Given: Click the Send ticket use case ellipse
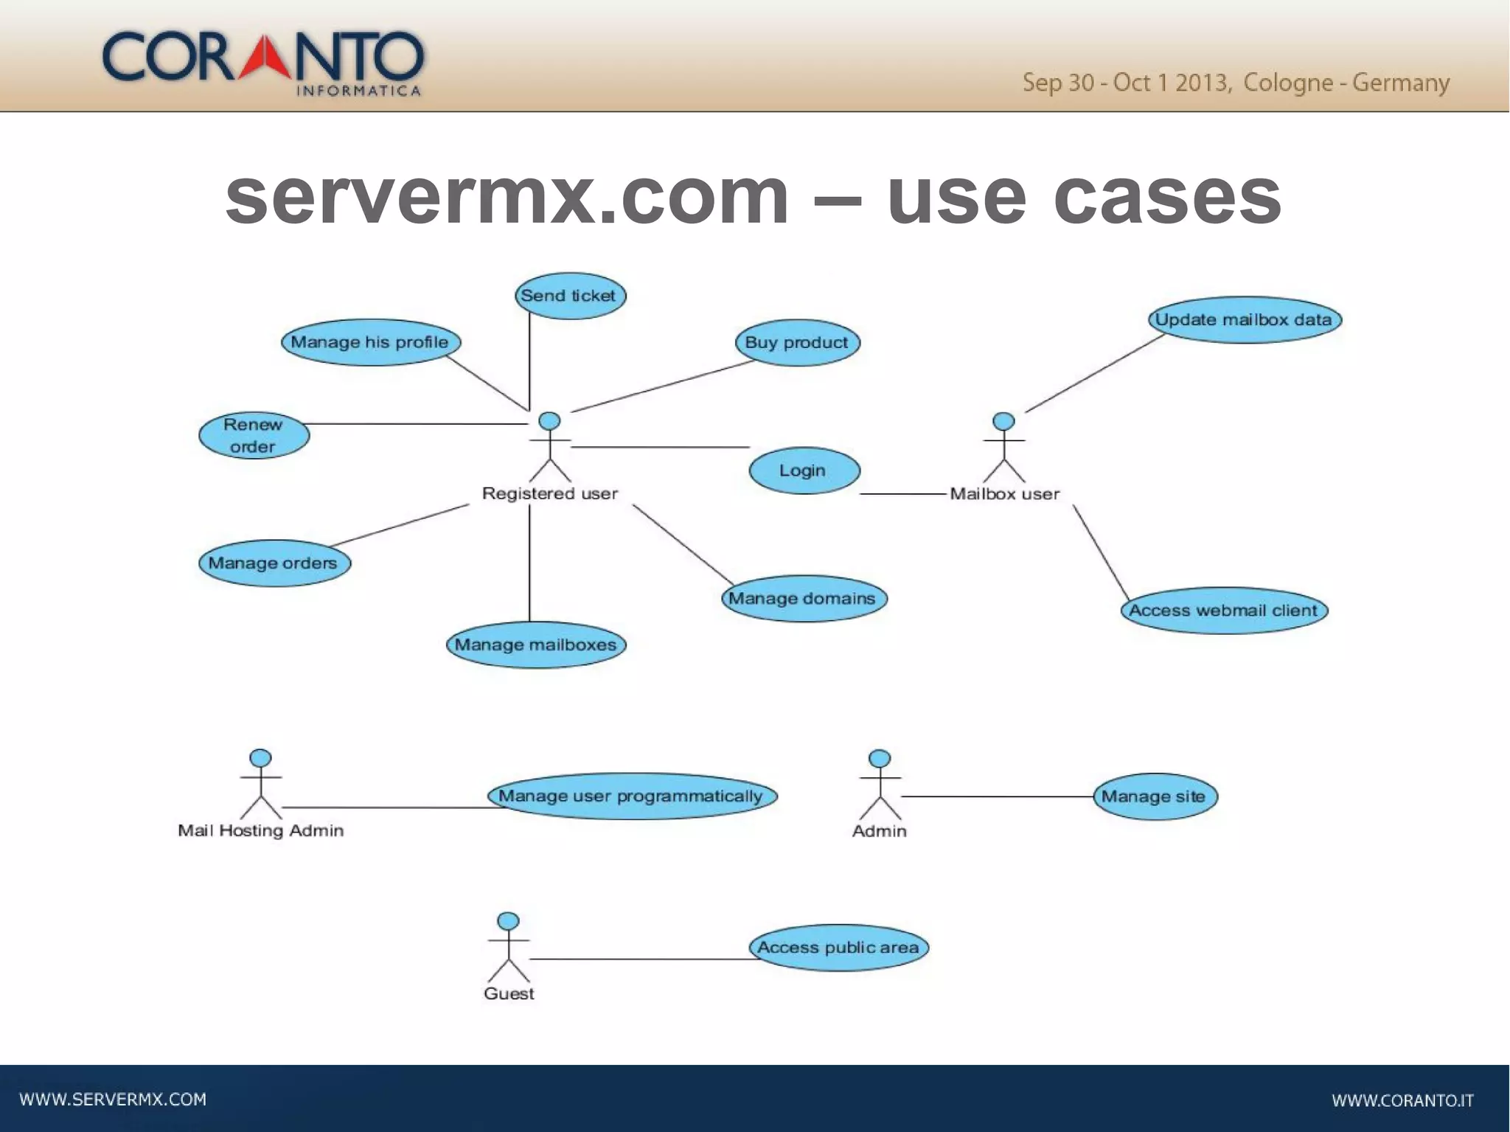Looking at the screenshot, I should point(570,296).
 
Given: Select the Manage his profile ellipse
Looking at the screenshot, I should point(370,342).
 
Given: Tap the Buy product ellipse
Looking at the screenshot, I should point(797,343).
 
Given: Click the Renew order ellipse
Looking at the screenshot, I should point(254,436).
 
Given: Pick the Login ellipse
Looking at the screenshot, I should point(804,470).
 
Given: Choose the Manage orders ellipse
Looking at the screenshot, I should point(274,563).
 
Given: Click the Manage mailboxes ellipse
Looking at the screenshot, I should point(536,645).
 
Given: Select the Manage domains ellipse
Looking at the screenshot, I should point(804,599).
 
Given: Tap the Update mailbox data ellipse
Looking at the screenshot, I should point(1244,320).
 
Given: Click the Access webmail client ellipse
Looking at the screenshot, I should point(1224,611).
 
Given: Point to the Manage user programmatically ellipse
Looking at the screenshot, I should point(632,796).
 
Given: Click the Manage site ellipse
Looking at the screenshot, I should point(1154,797).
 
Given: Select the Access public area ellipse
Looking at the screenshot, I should point(838,948).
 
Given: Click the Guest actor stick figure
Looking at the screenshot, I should point(508,948).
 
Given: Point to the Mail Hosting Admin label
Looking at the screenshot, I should point(260,831).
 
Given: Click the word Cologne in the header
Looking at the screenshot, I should point(1287,83).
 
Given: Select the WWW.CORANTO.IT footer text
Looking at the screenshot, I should point(1402,1100).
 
